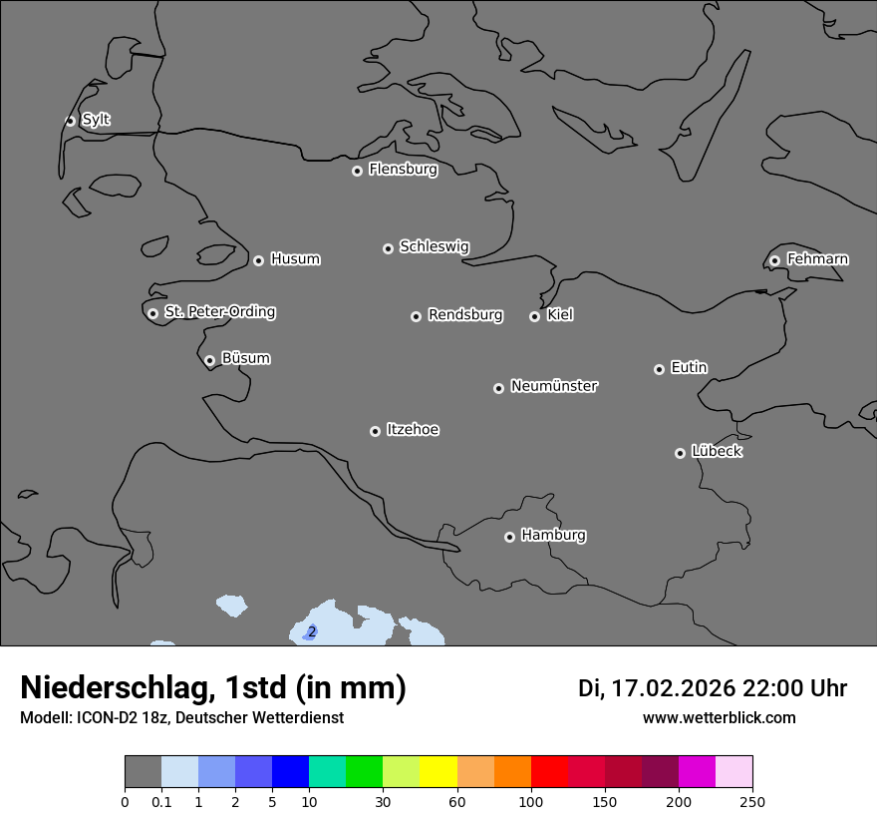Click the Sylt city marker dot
click(71, 121)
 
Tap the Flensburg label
click(403, 170)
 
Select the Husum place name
click(295, 259)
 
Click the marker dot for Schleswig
click(388, 248)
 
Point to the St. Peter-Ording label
click(219, 312)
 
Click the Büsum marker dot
click(209, 360)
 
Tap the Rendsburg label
click(465, 315)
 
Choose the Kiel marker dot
click(534, 316)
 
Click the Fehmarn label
click(817, 259)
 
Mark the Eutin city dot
click(659, 369)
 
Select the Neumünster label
click(554, 386)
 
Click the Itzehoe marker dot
click(375, 431)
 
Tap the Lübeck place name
click(717, 451)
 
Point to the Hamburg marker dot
click(509, 537)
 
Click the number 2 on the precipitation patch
click(312, 631)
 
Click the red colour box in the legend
click(549, 772)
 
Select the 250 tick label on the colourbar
click(752, 801)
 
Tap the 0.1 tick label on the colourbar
click(161, 801)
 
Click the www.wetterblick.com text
click(719, 717)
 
